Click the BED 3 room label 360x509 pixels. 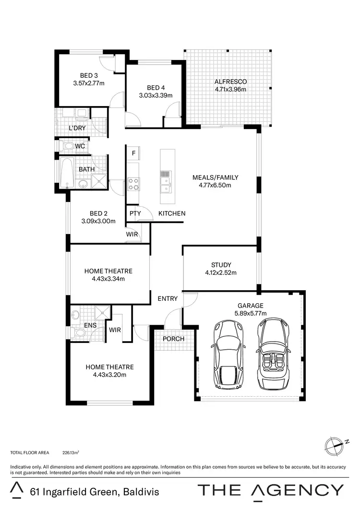(89, 76)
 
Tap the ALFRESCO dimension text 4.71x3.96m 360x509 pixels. (230, 89)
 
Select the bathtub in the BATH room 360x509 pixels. (67, 173)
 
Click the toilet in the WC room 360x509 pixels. (68, 146)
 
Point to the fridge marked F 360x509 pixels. (133, 153)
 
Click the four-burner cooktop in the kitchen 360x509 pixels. (133, 184)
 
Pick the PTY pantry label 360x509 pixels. (135, 213)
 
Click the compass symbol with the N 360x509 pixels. (335, 446)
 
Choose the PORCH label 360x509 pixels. (173, 339)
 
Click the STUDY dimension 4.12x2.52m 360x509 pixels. (221, 272)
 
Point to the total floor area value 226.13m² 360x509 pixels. (71, 452)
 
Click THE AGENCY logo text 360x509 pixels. (271, 490)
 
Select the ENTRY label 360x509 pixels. (168, 298)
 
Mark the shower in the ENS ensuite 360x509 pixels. (102, 313)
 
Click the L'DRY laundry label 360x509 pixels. (77, 128)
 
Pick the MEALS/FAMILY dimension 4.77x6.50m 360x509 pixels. (215, 185)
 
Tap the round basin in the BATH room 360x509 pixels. (83, 183)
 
